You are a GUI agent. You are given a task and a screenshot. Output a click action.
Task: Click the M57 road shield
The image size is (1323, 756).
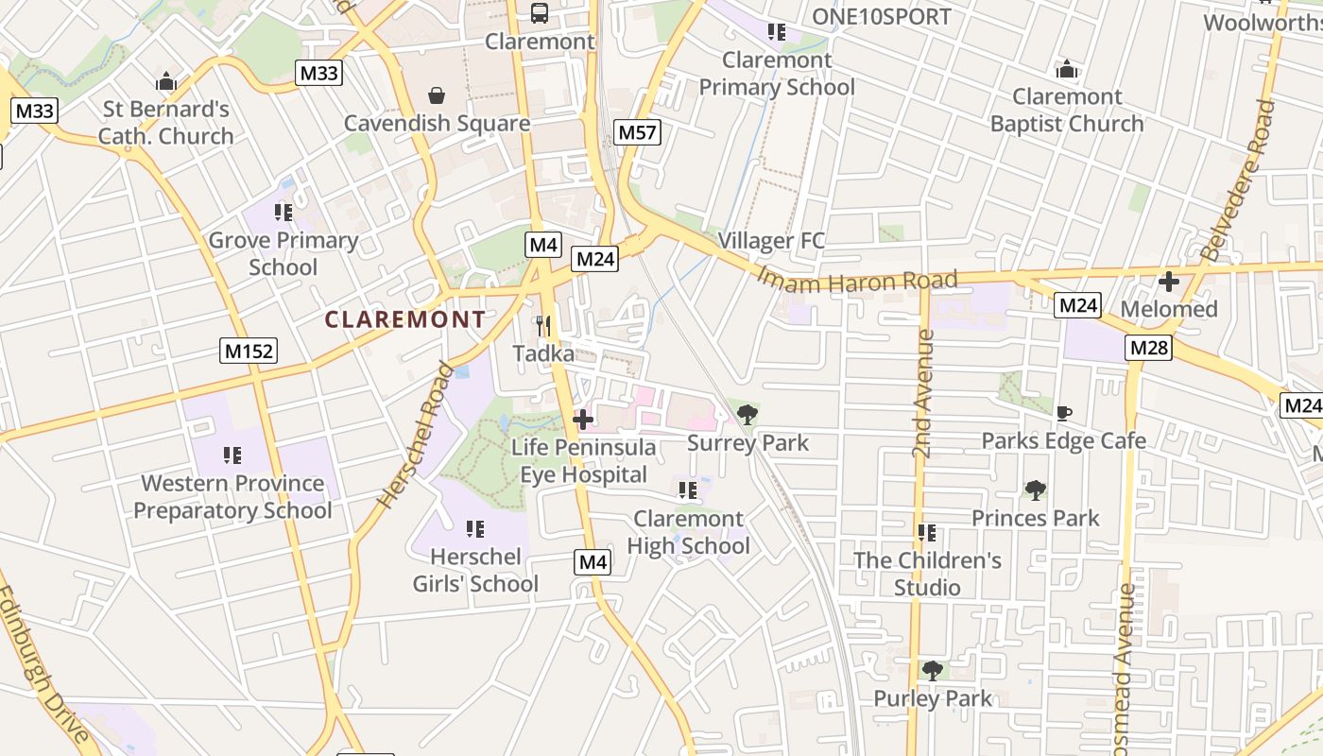coord(637,132)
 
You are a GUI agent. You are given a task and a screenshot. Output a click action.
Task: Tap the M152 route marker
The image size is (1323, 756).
coord(249,351)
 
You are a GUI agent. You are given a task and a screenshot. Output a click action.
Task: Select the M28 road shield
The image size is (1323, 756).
coord(1149,348)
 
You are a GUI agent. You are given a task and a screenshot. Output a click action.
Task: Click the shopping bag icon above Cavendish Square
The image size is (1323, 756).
coord(437,95)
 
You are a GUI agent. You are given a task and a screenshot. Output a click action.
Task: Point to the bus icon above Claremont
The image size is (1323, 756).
coord(540,13)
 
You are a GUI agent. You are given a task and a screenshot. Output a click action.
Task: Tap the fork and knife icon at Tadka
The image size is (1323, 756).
coord(543,326)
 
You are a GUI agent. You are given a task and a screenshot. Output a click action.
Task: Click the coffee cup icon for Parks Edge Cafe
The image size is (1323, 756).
coord(1064,413)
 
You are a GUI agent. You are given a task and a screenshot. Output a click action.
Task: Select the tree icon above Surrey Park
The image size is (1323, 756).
coord(747,414)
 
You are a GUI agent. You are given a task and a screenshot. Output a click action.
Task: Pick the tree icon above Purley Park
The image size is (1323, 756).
coord(933,671)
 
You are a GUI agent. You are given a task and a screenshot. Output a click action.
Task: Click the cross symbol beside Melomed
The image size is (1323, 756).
coord(1169,282)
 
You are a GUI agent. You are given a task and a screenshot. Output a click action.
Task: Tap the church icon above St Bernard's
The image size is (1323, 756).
coord(166,81)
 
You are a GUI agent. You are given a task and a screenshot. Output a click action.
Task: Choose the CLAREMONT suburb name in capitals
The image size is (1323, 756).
coord(405,319)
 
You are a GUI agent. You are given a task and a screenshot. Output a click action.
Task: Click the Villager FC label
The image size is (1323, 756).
coord(771,241)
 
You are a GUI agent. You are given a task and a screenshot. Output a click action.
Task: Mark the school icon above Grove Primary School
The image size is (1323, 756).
coord(283,213)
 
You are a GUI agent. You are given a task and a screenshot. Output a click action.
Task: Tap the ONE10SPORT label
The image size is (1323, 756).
coord(882,16)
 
